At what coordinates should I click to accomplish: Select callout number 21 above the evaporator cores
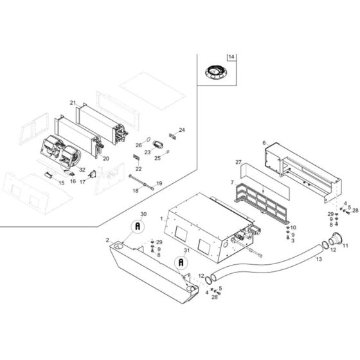[x=73, y=103]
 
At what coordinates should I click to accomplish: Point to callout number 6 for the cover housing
[x=264, y=142]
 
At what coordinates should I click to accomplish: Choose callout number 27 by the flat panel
[x=238, y=163]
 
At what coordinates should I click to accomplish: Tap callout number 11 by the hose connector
[x=345, y=246]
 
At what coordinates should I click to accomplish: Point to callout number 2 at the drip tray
[x=100, y=240]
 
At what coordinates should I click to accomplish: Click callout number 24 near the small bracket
[x=182, y=130]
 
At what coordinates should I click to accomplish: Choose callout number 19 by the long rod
[x=159, y=183]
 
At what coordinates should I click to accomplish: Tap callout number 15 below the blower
[x=62, y=183]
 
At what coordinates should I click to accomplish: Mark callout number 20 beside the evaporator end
[x=106, y=158]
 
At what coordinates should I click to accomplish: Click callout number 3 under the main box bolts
[x=292, y=240]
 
